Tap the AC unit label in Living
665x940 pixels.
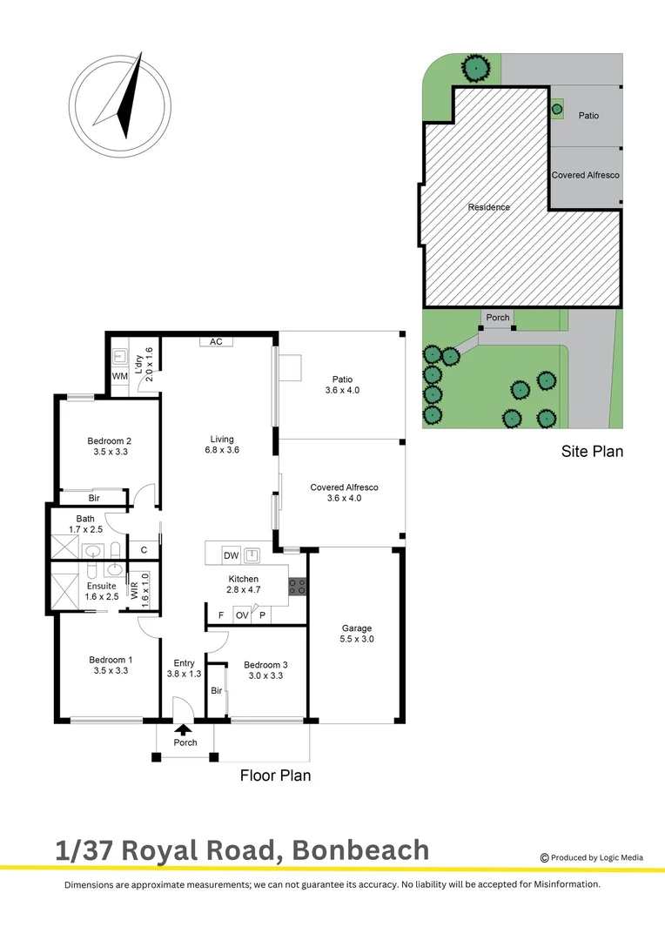[216, 341]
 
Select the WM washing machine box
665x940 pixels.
[119, 376]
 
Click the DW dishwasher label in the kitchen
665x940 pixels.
[231, 555]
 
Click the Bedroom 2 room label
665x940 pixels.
[110, 440]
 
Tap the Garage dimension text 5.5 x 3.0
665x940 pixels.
[357, 640]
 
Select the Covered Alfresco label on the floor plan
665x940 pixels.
[344, 487]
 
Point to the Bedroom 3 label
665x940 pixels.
[265, 664]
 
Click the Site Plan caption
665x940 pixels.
[592, 452]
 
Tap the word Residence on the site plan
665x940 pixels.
[489, 207]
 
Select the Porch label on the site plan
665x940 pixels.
[498, 318]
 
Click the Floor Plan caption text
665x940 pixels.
[275, 775]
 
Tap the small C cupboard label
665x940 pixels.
[143, 549]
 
